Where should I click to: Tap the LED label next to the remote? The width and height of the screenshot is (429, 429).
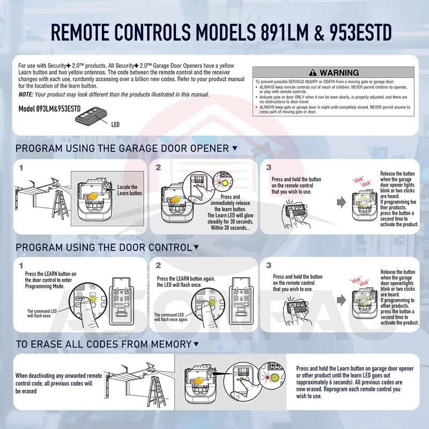(115, 125)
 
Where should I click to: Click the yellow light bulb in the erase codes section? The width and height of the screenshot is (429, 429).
(201, 379)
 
